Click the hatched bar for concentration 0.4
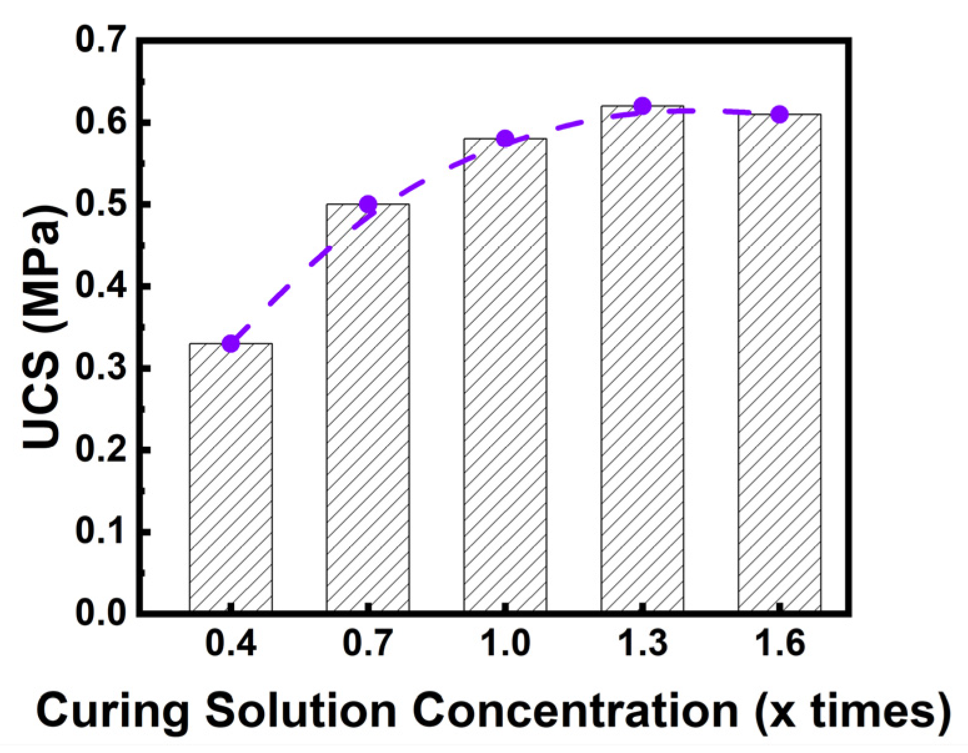(x=230, y=477)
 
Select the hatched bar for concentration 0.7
(x=368, y=407)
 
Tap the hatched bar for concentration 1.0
(x=505, y=375)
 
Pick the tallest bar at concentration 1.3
(x=643, y=359)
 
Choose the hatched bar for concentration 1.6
(x=779, y=362)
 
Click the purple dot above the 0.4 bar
(x=230, y=343)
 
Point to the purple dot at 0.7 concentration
(x=368, y=204)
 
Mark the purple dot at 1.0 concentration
(x=505, y=138)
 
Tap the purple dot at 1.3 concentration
(x=643, y=106)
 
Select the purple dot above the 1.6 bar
(x=779, y=114)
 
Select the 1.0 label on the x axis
(x=506, y=642)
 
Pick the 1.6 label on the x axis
(x=781, y=642)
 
